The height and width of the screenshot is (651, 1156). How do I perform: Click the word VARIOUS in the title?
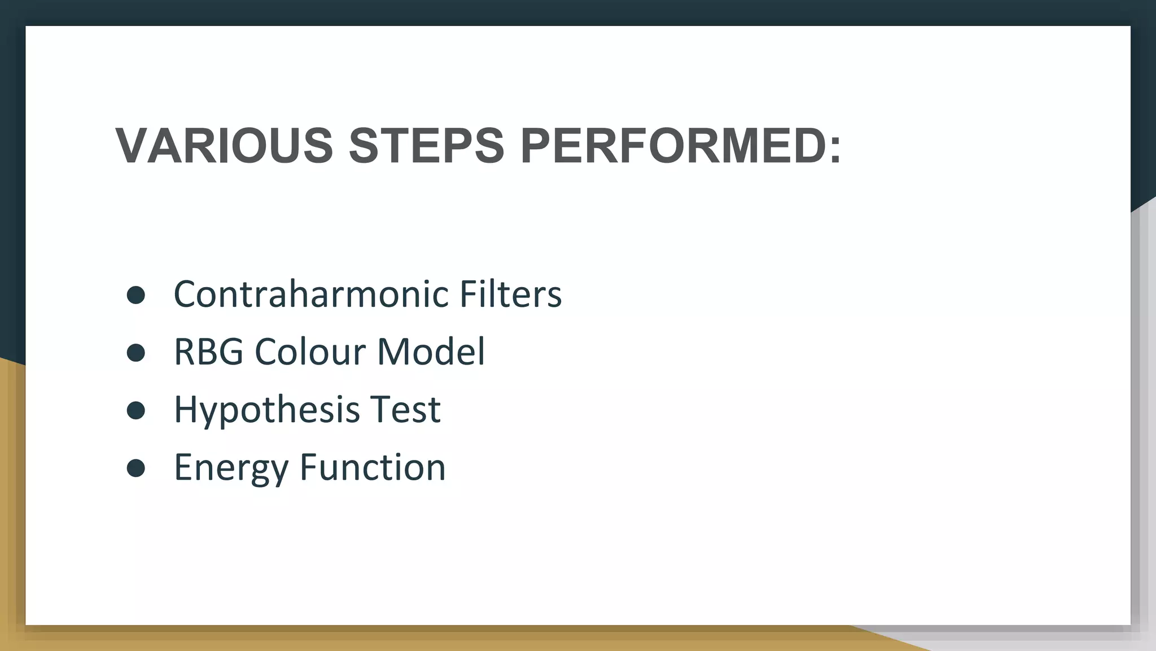224,146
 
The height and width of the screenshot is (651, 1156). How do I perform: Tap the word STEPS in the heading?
426,146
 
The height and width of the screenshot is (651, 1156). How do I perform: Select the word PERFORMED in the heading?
669,146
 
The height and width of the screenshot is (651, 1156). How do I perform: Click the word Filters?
510,294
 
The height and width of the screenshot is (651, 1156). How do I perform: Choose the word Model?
431,351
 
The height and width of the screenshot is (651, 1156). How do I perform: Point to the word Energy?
231,467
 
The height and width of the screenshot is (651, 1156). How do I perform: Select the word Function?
373,467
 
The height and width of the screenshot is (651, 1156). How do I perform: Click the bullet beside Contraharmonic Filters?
136,294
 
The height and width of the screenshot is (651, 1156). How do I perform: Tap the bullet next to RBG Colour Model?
136,352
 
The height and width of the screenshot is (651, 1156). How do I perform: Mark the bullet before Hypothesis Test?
136,410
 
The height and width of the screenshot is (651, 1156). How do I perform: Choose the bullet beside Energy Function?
136,468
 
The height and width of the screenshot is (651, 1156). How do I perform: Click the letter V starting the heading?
132,146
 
